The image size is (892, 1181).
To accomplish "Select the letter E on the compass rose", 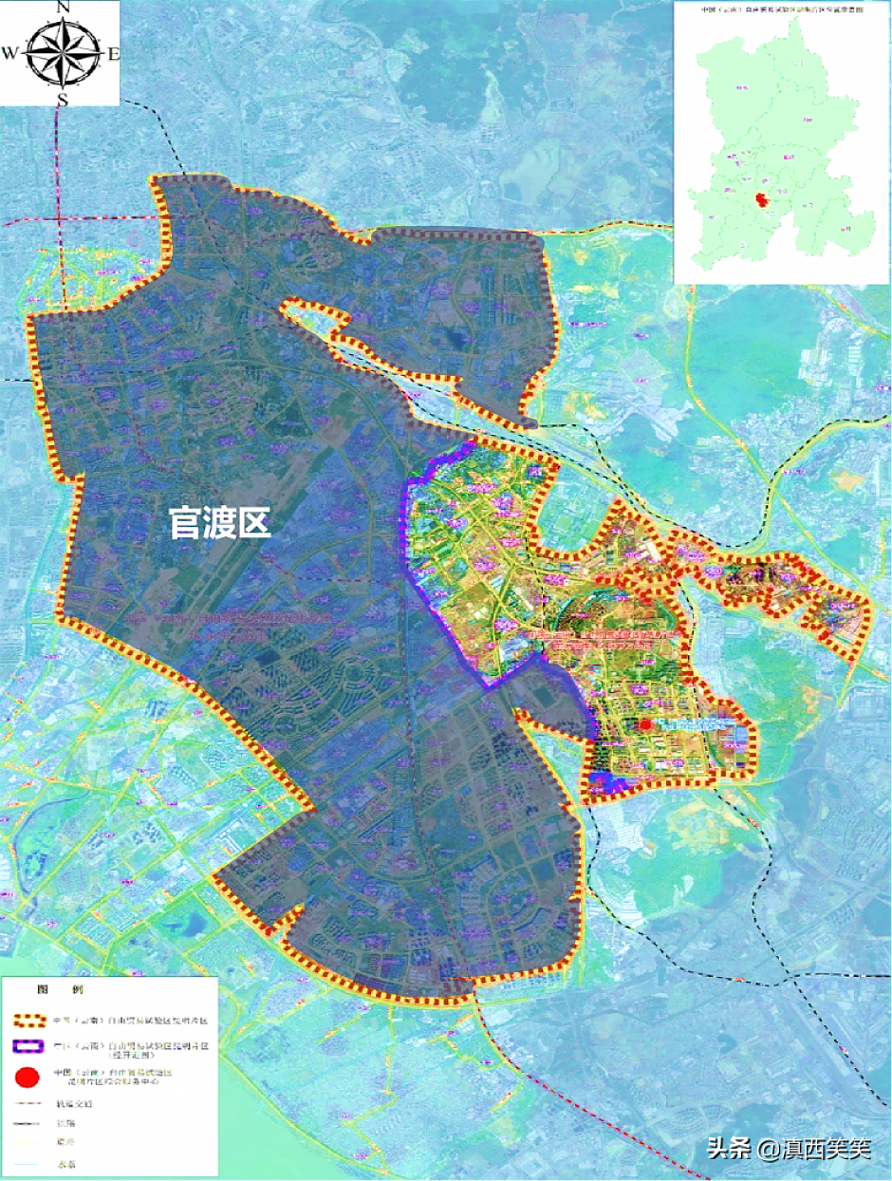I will point(114,54).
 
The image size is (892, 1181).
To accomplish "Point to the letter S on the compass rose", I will point(62,99).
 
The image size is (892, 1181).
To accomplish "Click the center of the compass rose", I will point(62,52).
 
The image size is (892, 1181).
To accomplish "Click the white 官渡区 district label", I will point(220,522).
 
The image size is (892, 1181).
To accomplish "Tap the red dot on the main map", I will point(645,724).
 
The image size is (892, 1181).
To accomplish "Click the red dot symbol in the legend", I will point(27,1077).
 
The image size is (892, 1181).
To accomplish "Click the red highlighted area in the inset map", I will point(760,200).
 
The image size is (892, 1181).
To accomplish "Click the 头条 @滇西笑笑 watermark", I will point(788,1149).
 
